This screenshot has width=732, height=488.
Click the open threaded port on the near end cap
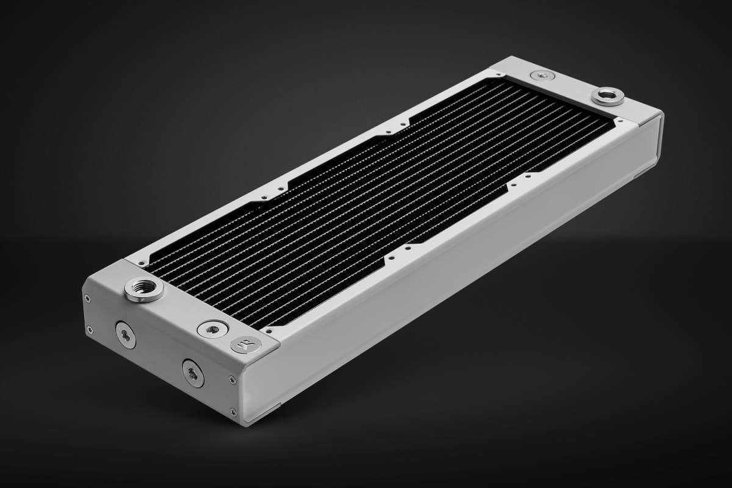coord(144,289)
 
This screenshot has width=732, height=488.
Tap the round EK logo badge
coord(246,345)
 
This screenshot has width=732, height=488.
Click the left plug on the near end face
coord(126,334)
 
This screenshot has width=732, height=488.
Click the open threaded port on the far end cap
coord(607,96)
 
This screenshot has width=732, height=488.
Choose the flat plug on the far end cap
coord(542,76)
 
